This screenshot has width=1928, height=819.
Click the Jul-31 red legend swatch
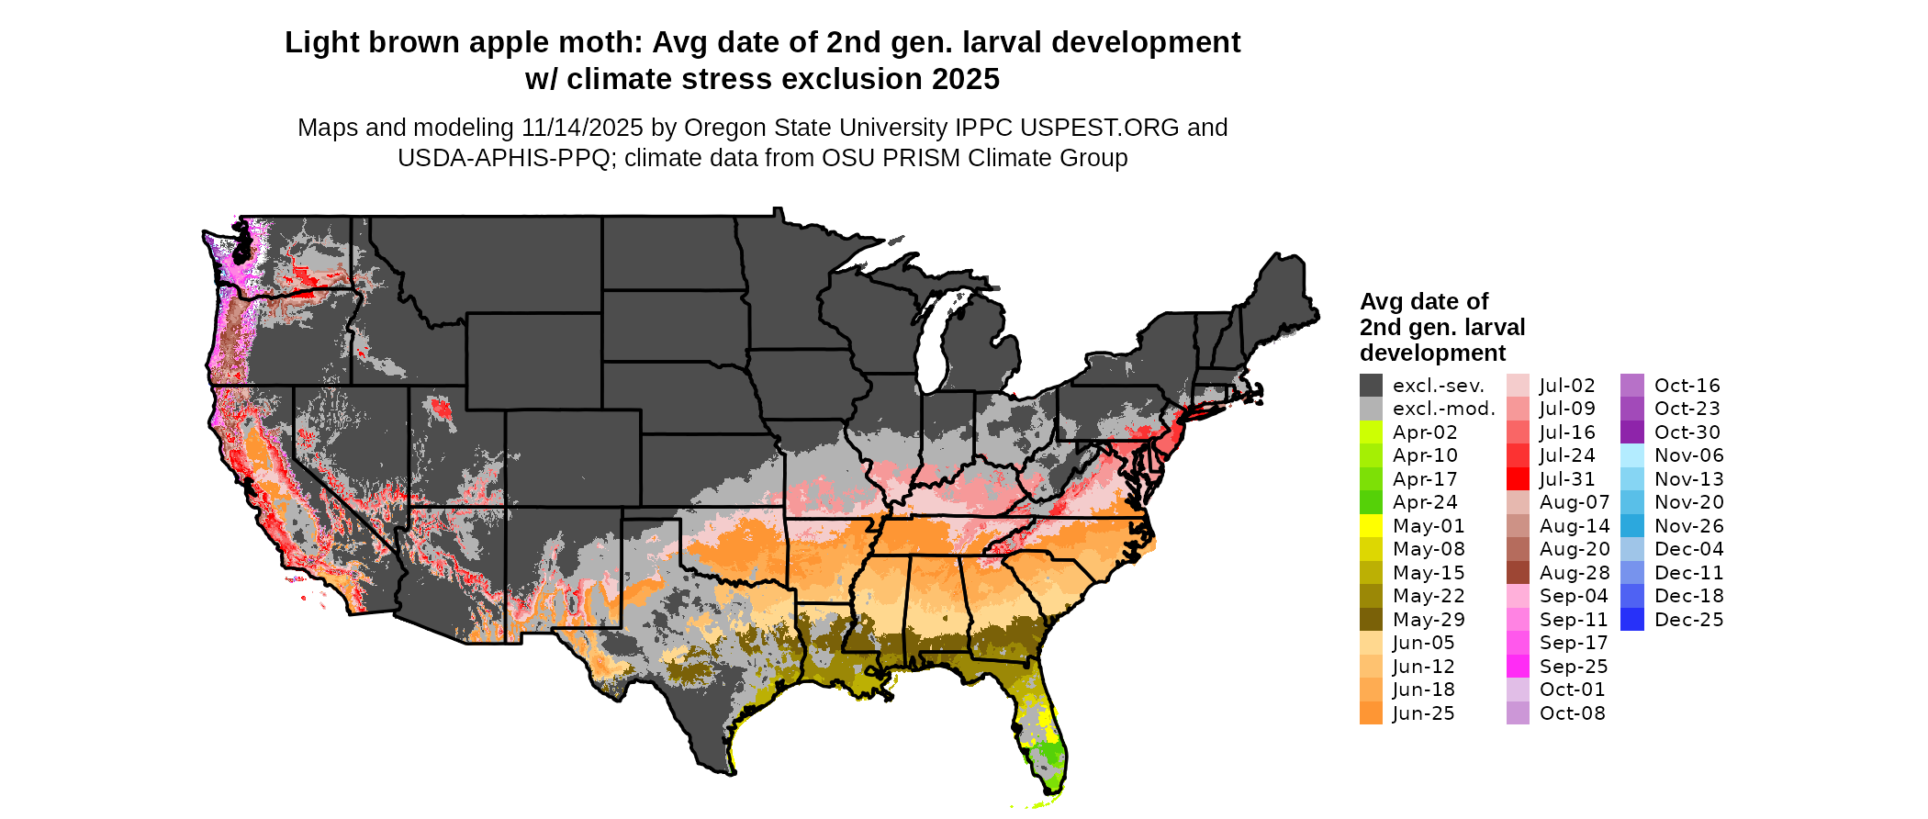pyautogui.click(x=1518, y=479)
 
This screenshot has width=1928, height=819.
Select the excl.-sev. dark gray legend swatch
pyautogui.click(x=1371, y=386)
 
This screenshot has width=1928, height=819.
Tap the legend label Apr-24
pyautogui.click(x=1425, y=502)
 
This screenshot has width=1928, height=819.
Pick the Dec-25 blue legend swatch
pyautogui.click(x=1632, y=620)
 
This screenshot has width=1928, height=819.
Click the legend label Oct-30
pyautogui.click(x=1687, y=432)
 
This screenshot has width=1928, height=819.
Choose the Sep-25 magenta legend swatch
pyautogui.click(x=1518, y=667)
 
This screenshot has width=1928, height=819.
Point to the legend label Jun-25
pyautogui.click(x=1423, y=713)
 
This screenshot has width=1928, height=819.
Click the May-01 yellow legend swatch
pyautogui.click(x=1371, y=526)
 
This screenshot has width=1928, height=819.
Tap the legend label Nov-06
pyautogui.click(x=1689, y=455)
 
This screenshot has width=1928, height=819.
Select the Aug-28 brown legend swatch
pyautogui.click(x=1518, y=573)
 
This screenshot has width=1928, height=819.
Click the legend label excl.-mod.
pyautogui.click(x=1444, y=409)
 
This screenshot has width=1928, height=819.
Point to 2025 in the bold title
pyautogui.click(x=965, y=79)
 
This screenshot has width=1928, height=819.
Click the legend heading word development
pyautogui.click(x=1432, y=353)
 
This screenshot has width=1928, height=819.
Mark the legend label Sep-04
pyautogui.click(x=1574, y=596)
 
